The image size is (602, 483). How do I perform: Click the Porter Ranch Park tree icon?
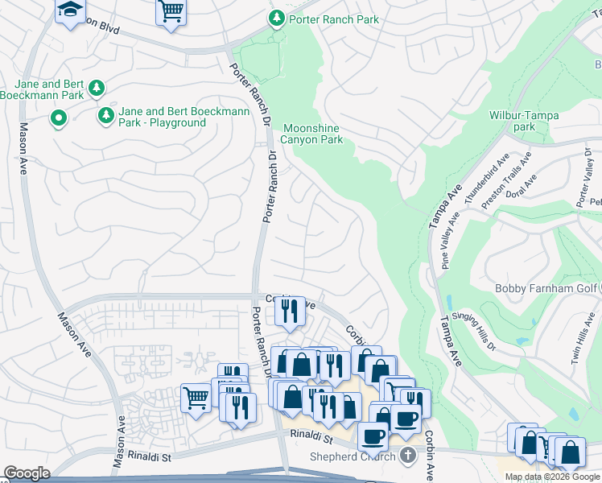pyautogui.click(x=277, y=18)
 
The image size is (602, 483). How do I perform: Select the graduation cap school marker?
pyautogui.click(x=70, y=10)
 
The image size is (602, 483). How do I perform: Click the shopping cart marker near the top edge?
pyautogui.click(x=171, y=12)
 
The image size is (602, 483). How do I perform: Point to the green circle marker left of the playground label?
pyautogui.click(x=58, y=120)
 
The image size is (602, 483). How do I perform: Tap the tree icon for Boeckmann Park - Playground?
pyautogui.click(x=105, y=117)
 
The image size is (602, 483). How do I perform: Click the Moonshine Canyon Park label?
pyautogui.click(x=313, y=134)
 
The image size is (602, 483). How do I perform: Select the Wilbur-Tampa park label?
pyautogui.click(x=524, y=121)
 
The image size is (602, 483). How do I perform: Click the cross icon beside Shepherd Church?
pyautogui.click(x=408, y=456)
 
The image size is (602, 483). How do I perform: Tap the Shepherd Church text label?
pyautogui.click(x=353, y=457)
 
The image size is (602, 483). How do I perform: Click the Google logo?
pyautogui.click(x=27, y=473)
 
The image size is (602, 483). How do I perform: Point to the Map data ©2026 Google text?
pyautogui.click(x=552, y=477)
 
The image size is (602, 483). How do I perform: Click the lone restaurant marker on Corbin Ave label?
pyautogui.click(x=290, y=310)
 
